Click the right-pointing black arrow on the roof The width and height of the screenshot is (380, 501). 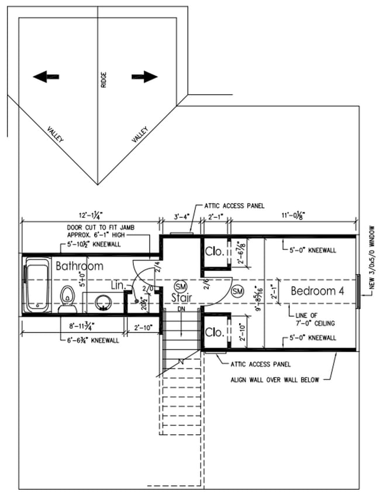145,77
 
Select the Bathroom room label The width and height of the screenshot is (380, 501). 79,266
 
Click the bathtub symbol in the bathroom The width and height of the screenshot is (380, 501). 37,286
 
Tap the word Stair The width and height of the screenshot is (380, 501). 181,298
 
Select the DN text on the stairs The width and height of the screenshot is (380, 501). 181,308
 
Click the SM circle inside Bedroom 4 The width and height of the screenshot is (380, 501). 237,291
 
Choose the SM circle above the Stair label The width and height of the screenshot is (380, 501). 181,286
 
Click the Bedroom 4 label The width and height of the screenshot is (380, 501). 317,291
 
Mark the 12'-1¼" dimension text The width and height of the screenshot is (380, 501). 90,215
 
